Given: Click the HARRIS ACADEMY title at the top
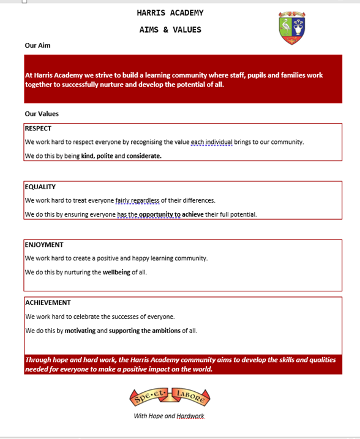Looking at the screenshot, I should coord(170,13).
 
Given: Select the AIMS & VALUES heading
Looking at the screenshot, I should coord(170,29).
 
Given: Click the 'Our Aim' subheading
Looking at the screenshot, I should coord(37,45).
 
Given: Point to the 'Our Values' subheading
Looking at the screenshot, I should coord(42,114).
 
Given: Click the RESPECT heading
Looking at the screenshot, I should coord(38,129).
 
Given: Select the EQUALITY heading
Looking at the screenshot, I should coord(40,187).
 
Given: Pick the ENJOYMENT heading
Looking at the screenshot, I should coord(44,245).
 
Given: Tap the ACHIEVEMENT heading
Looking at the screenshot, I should coord(48,302).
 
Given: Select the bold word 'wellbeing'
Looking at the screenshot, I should coord(116,272).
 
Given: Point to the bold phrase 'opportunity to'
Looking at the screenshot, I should coord(159,215).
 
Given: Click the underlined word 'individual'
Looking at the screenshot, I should coord(219,142).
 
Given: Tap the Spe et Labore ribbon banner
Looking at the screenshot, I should coord(170,397).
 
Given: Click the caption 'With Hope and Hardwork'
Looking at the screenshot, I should coord(169,416).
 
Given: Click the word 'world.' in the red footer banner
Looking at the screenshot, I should coord(200,369).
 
